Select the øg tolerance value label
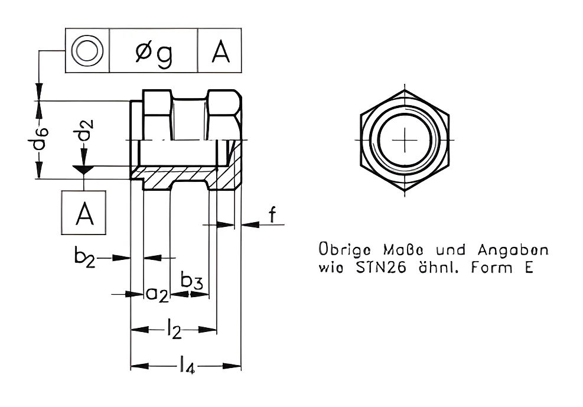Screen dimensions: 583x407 (154, 54)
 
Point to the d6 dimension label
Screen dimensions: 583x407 (40, 138)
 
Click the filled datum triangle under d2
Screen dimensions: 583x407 (84, 170)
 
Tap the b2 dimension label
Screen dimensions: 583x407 (85, 257)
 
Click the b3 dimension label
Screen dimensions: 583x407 (192, 280)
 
